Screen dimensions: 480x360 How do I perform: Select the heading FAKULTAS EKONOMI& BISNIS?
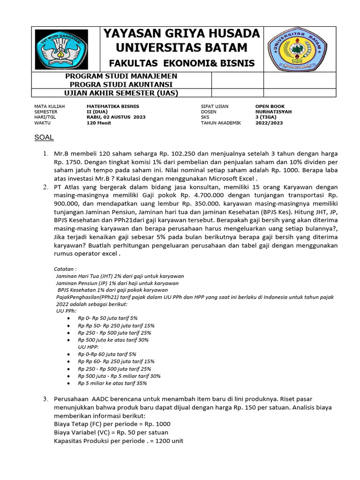182,63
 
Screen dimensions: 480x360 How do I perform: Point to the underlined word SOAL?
45,137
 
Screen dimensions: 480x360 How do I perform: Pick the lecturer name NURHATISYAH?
273,112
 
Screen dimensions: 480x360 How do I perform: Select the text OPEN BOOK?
270,106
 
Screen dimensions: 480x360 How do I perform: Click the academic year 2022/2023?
270,123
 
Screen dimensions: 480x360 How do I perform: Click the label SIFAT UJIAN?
215,106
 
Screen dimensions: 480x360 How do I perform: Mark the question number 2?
45,187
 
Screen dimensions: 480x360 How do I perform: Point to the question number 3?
45,399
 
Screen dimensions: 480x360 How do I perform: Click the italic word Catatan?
65,270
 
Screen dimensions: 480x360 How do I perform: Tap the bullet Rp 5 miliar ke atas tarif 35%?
112,383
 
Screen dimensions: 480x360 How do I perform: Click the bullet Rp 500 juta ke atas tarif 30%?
113,340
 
